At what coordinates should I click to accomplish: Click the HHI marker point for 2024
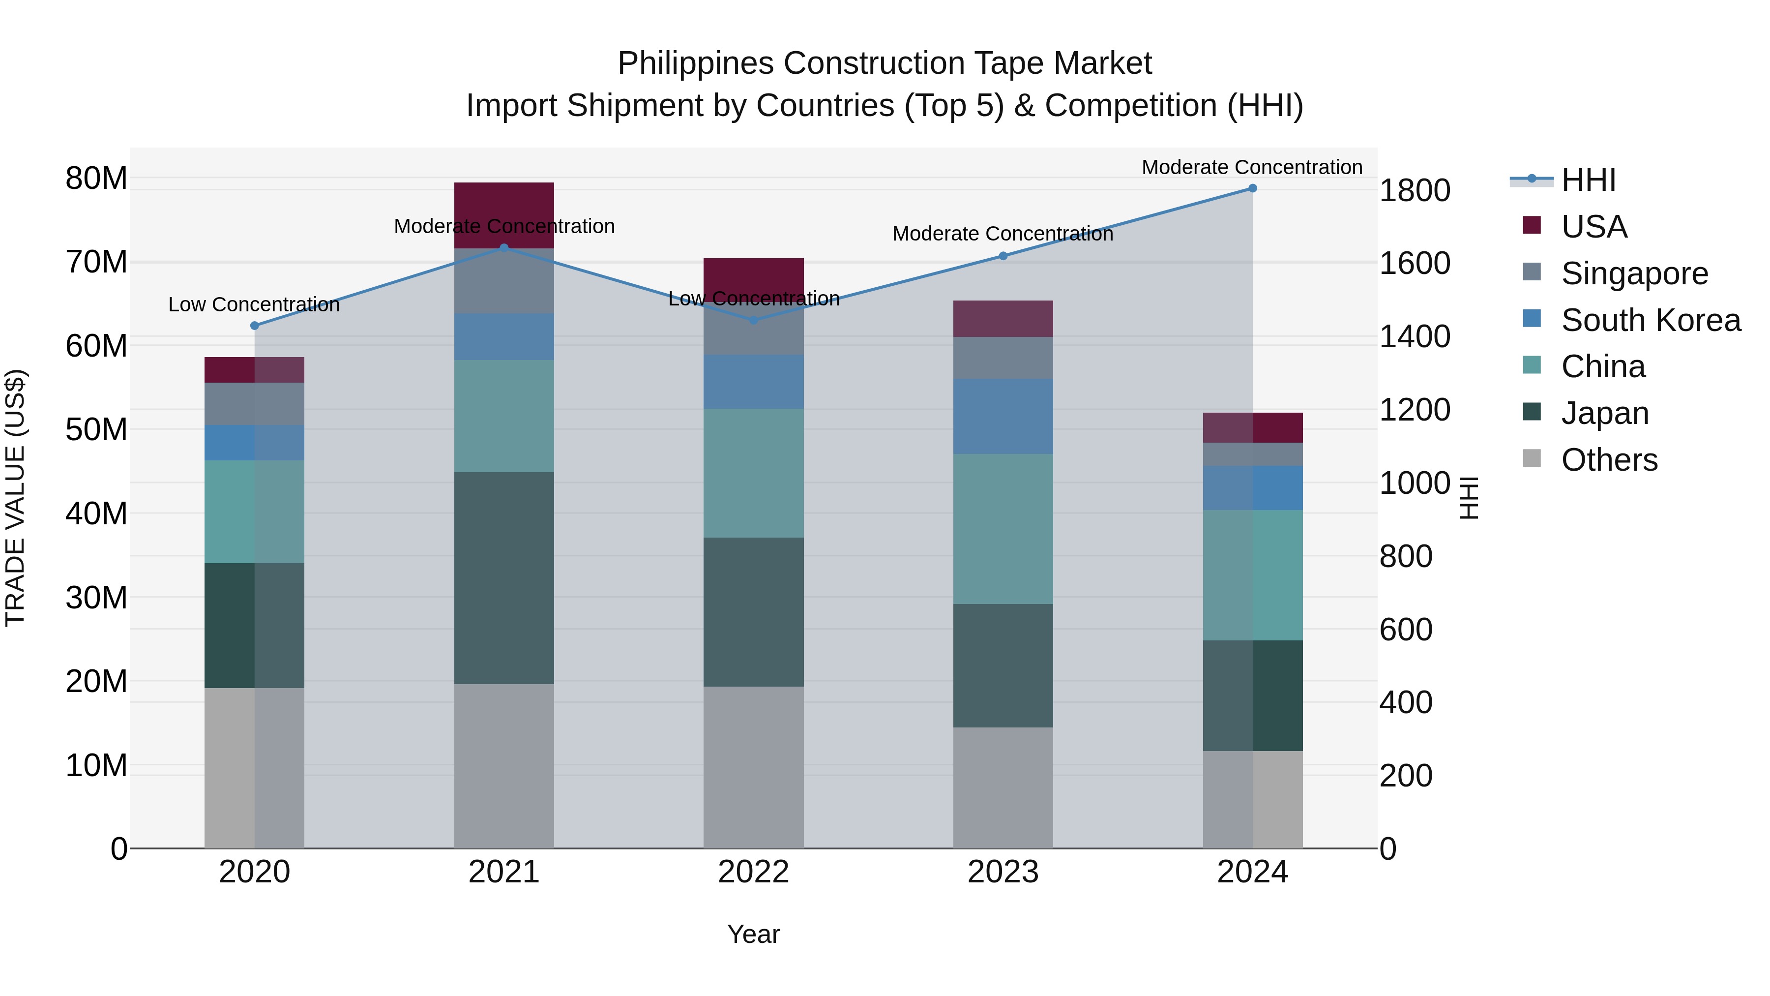click(x=1252, y=188)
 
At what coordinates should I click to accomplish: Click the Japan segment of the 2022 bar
click(x=753, y=612)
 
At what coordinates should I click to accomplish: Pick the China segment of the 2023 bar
click(x=1003, y=529)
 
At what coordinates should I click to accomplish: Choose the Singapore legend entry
click(x=1634, y=273)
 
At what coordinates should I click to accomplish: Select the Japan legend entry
click(x=1604, y=413)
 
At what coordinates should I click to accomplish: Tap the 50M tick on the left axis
click(x=96, y=429)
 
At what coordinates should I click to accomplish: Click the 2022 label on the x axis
click(x=753, y=872)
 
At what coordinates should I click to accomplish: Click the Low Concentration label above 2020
click(x=254, y=304)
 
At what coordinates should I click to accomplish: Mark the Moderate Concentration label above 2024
click(x=1251, y=167)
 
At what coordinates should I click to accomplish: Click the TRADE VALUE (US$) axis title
click(x=15, y=498)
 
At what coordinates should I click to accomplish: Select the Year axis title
click(x=753, y=934)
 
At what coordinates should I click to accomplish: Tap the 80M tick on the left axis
click(x=96, y=178)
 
